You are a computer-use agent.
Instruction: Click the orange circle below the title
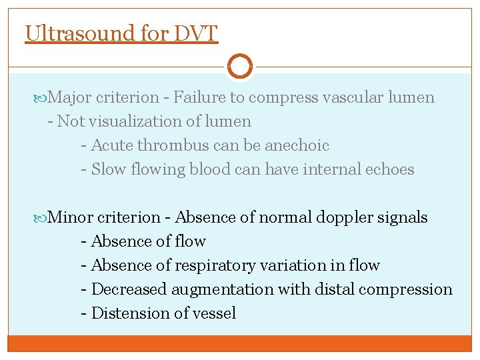click(240, 66)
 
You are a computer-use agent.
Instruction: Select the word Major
click(70, 98)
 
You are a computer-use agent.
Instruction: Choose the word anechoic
click(297, 145)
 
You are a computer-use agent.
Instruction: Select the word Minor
click(71, 217)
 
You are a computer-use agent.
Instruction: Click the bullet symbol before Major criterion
click(42, 98)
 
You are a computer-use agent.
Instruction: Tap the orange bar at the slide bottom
click(240, 343)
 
